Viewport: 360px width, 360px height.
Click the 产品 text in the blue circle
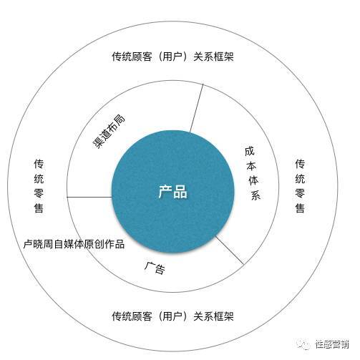pyautogui.click(x=173, y=192)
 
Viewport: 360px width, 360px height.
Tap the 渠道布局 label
pyautogui.click(x=109, y=132)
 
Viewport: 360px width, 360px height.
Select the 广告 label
pyautogui.click(x=155, y=268)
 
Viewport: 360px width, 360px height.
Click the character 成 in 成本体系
pyautogui.click(x=250, y=151)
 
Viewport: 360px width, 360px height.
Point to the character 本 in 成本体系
pyautogui.click(x=251, y=166)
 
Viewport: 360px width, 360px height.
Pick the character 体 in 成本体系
pyautogui.click(x=253, y=180)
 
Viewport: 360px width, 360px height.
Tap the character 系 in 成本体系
pyautogui.click(x=256, y=195)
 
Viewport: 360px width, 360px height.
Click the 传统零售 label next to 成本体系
pyautogui.click(x=300, y=186)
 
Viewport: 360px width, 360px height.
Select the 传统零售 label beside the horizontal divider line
pyautogui.click(x=39, y=186)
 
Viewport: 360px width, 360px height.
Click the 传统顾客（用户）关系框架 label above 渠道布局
pyautogui.click(x=172, y=57)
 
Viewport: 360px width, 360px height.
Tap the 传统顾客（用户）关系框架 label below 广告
pyautogui.click(x=172, y=316)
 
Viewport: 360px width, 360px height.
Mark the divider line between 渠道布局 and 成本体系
pyautogui.click(x=196, y=108)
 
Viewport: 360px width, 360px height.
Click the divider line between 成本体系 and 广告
pyautogui.click(x=230, y=250)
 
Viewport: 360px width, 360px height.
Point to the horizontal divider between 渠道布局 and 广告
pyautogui.click(x=89, y=197)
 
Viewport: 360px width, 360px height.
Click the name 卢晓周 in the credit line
pyautogui.click(x=38, y=244)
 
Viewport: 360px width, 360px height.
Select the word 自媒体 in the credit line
pyautogui.click(x=69, y=244)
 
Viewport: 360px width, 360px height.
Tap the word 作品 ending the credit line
pyautogui.click(x=115, y=244)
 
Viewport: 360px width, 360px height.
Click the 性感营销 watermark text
pyautogui.click(x=332, y=344)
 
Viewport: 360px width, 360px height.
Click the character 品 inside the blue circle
pyautogui.click(x=180, y=192)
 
